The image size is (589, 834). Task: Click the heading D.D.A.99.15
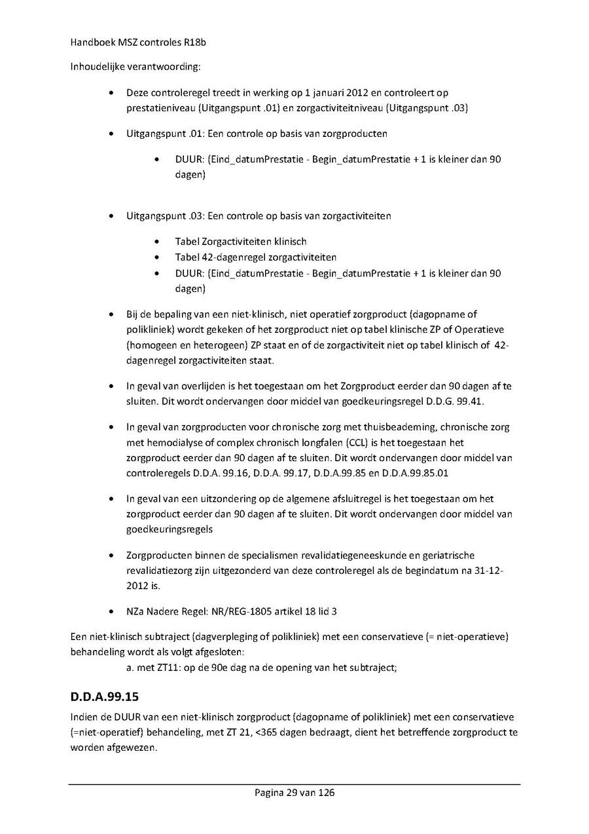point(105,696)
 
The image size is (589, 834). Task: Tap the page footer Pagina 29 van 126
point(294,793)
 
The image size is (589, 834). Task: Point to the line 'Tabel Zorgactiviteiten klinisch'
point(241,242)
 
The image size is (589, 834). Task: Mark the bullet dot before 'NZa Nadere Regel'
point(115,612)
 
